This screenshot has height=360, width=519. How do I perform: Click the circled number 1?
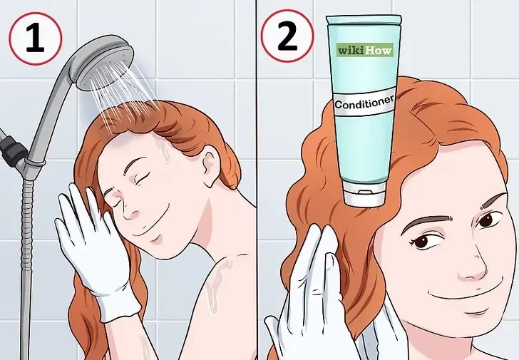click(x=36, y=38)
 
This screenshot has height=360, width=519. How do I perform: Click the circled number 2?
click(x=287, y=36)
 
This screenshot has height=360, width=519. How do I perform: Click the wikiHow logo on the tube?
click(x=365, y=50)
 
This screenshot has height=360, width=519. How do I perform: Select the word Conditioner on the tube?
click(x=364, y=103)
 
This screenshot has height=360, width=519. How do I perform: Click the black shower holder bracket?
click(x=11, y=148)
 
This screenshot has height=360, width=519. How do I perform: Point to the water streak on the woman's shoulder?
click(x=217, y=284)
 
